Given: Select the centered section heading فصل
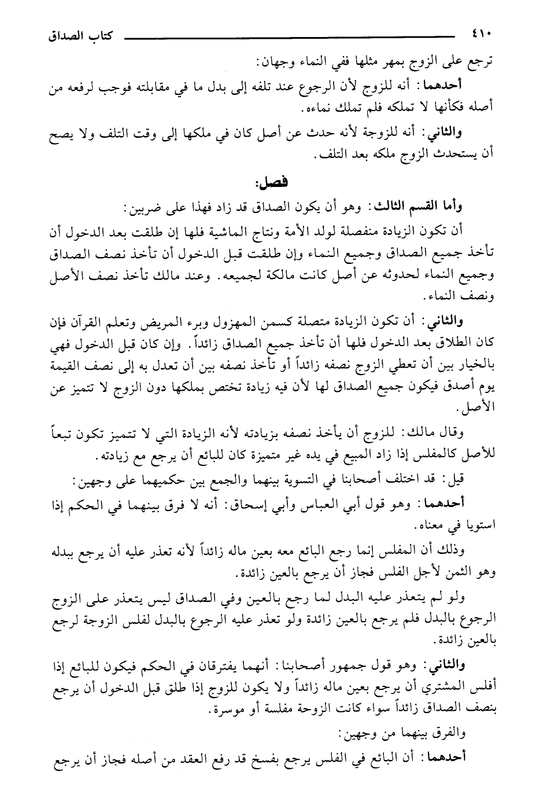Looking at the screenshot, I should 275,183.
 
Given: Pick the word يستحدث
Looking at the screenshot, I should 468,155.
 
